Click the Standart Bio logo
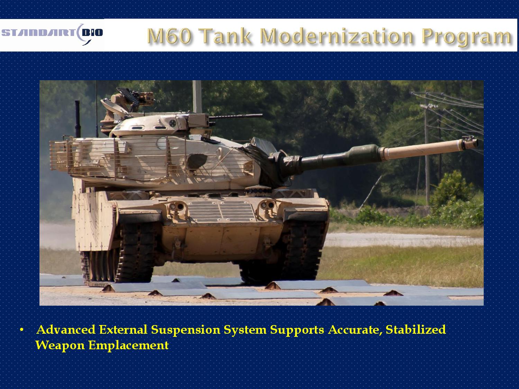pyautogui.click(x=52, y=34)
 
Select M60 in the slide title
pyautogui.click(x=169, y=36)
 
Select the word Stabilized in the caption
pyautogui.click(x=416, y=330)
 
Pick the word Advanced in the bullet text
pyautogui.click(x=66, y=330)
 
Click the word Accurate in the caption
pyautogui.click(x=355, y=330)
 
